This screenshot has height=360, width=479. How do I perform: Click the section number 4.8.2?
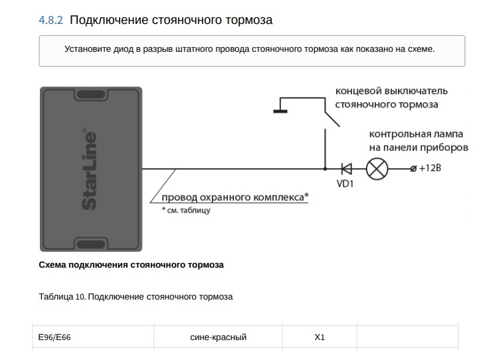click(x=51, y=21)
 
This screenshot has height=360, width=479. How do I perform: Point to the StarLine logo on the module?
click(x=89, y=169)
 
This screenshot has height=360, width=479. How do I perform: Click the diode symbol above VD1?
click(x=346, y=169)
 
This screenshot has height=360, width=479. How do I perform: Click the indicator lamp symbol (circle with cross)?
click(x=377, y=169)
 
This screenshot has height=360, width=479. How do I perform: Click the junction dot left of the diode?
click(x=325, y=169)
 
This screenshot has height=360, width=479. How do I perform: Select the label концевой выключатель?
click(x=391, y=90)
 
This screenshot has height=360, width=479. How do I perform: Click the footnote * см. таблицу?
click(x=186, y=211)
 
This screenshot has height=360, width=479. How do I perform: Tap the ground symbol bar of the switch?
click(x=280, y=111)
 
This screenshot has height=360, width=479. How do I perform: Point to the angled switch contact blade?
click(x=331, y=114)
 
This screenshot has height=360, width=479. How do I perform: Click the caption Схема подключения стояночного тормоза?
click(x=132, y=265)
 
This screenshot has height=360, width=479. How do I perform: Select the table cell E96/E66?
click(x=54, y=337)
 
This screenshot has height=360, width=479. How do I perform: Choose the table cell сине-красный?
click(x=218, y=337)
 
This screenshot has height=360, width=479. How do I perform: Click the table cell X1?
click(x=320, y=337)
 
